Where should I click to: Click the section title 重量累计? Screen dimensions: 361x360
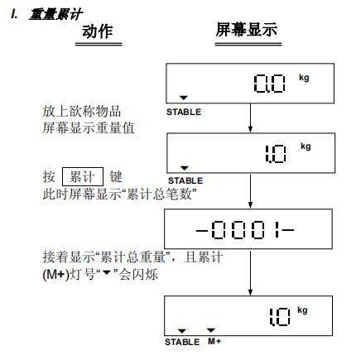(55, 14)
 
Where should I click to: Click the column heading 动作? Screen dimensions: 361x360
(98, 31)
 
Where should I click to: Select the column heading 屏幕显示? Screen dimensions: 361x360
(247, 30)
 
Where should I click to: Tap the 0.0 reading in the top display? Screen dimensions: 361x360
(269, 84)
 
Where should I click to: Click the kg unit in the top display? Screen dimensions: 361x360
(304, 78)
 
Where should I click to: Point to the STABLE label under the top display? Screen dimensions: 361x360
(184, 112)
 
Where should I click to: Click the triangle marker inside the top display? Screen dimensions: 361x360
(184, 98)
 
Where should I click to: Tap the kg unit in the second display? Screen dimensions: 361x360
(306, 146)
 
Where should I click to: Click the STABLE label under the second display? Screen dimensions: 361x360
(185, 180)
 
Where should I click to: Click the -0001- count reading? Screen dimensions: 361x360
(245, 229)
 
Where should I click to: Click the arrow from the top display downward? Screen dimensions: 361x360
(250, 118)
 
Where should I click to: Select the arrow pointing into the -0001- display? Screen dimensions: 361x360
(250, 191)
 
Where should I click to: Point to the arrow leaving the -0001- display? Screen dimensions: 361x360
(250, 272)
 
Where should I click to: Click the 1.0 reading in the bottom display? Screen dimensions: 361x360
(280, 317)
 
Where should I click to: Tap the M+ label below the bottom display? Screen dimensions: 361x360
(214, 342)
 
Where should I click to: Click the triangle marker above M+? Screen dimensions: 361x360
(211, 330)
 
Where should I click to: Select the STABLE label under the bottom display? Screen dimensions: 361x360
(182, 342)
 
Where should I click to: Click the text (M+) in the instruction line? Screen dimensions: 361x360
(55, 275)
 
